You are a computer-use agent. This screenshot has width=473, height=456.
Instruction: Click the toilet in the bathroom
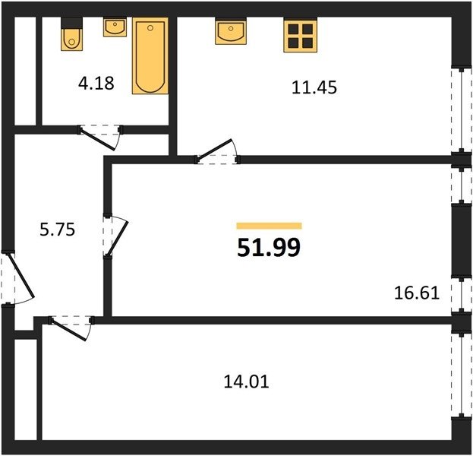pyautogui.click(x=71, y=34)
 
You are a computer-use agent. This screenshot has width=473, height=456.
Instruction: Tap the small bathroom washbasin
pyautogui.click(x=115, y=27)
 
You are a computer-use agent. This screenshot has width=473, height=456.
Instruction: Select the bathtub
pyautogui.click(x=150, y=56)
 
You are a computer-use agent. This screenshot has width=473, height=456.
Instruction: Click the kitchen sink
pyautogui.click(x=231, y=31)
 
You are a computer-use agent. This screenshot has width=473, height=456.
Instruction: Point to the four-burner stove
pyautogui.click(x=300, y=35)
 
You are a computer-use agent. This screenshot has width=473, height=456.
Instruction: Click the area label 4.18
pyautogui.click(x=96, y=83)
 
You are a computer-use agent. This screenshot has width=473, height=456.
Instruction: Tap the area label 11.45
pyautogui.click(x=314, y=87)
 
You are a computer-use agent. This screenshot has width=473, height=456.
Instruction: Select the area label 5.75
pyautogui.click(x=57, y=230)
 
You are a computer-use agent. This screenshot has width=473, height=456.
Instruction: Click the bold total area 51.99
pyautogui.click(x=269, y=247)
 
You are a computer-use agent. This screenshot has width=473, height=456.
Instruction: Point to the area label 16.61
pyautogui.click(x=417, y=293)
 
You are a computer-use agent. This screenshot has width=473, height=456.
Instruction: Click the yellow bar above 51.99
pyautogui.click(x=269, y=226)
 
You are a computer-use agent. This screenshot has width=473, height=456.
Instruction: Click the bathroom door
pyautogui.click(x=100, y=137)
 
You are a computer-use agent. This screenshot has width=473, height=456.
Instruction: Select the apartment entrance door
pyautogui.click(x=17, y=278)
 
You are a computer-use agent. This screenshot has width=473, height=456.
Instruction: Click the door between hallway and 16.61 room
pyautogui.click(x=116, y=236)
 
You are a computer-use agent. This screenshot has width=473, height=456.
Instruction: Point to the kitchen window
pyautogui.click(x=462, y=110)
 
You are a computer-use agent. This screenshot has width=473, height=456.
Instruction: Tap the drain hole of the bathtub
pyautogui.click(x=150, y=28)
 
